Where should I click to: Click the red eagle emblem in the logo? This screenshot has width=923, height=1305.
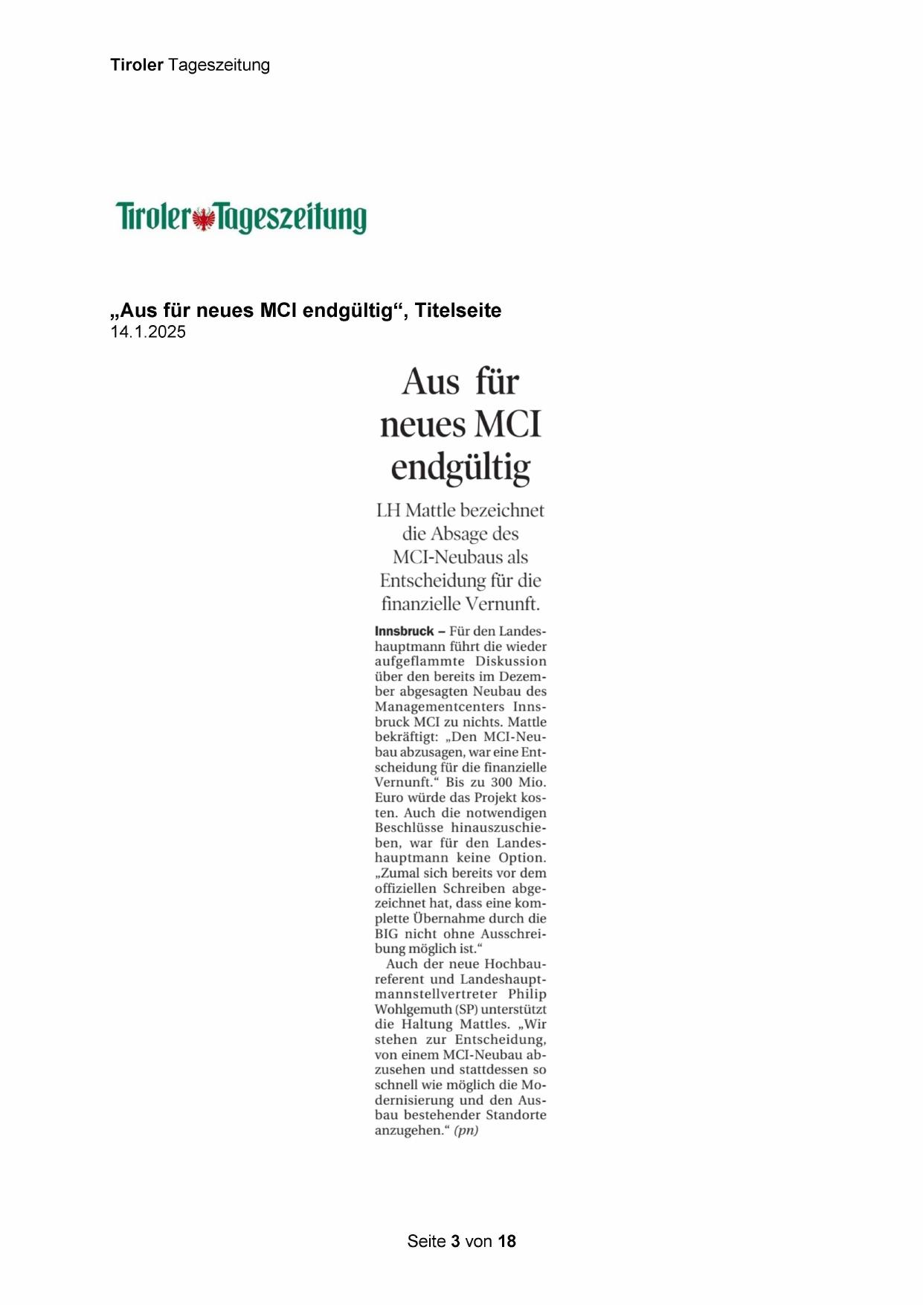pos(202,219)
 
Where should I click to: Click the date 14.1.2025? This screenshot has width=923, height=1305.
pos(148,333)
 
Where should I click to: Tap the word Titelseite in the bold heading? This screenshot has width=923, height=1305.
pos(458,310)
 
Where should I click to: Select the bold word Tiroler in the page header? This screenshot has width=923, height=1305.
pos(137,65)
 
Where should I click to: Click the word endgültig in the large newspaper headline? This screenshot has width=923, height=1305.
pos(460,467)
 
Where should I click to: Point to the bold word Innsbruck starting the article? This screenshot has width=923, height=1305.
pos(404,632)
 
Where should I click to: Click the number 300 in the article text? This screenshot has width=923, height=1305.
pos(502,782)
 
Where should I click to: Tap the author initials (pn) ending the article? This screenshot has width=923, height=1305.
pos(466,1130)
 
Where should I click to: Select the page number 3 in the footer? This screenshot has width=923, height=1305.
pos(455,1241)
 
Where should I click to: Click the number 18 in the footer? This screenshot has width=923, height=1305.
pos(506,1241)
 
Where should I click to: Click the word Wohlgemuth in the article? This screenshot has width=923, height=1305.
pos(413,1010)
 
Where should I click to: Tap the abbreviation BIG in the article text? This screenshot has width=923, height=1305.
pos(386,934)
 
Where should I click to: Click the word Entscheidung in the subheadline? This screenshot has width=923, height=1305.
pos(434,580)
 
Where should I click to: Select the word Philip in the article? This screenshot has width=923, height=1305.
pos(527,994)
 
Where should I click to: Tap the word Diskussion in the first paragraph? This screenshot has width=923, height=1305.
pos(511,661)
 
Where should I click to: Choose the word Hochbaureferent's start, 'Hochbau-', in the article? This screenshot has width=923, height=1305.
pos(515,964)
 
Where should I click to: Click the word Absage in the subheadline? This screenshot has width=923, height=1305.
pos(459,534)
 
